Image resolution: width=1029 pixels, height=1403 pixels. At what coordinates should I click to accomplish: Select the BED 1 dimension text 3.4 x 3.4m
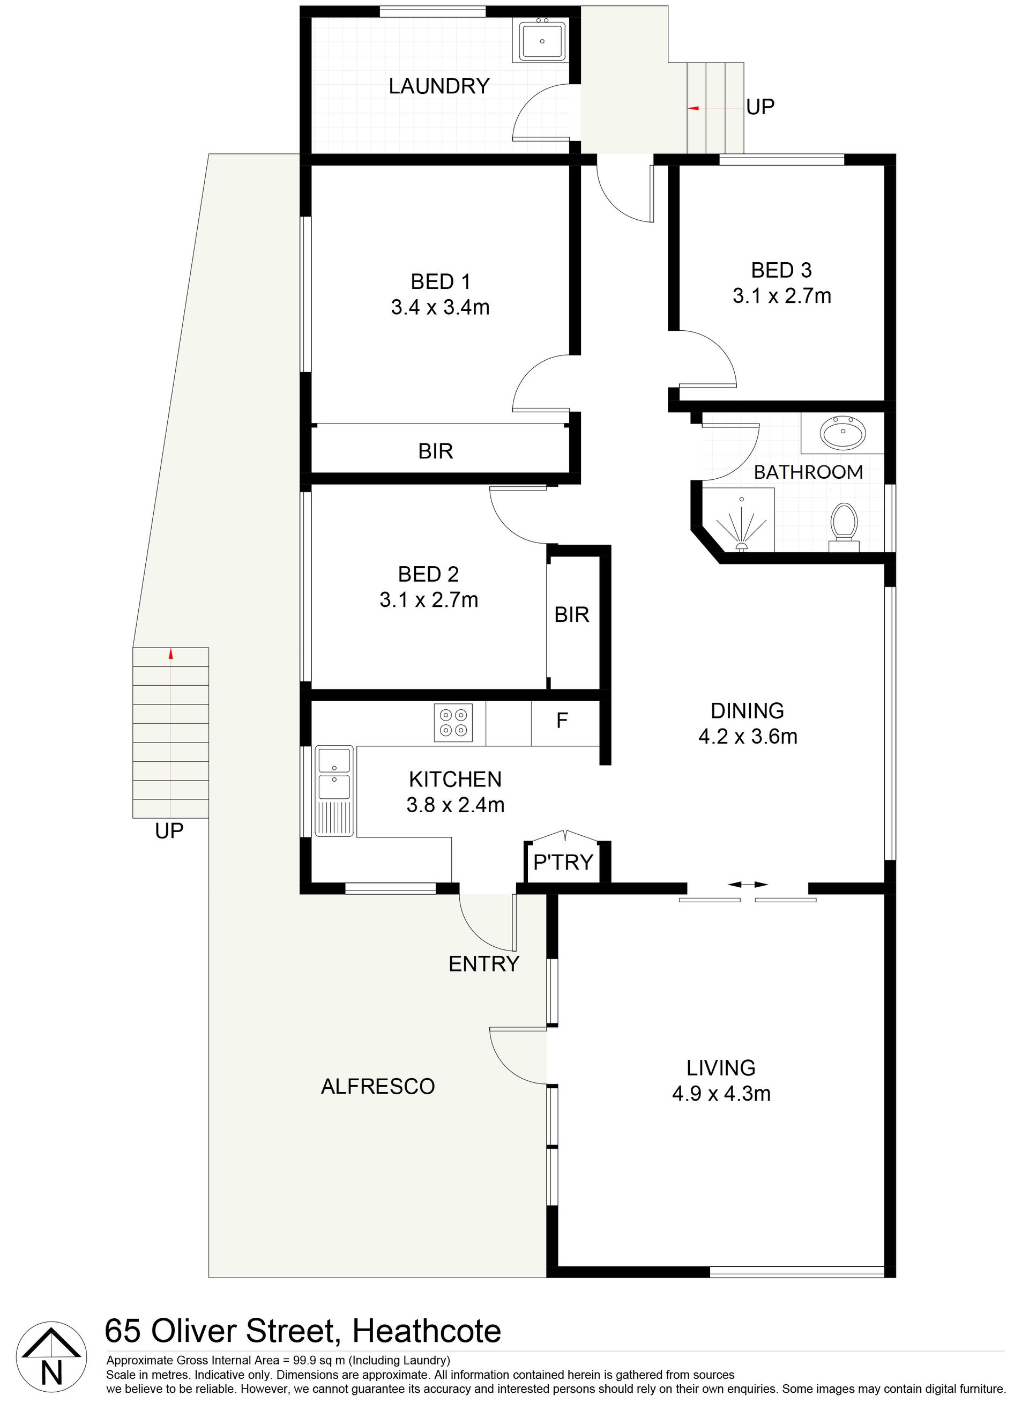(441, 307)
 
